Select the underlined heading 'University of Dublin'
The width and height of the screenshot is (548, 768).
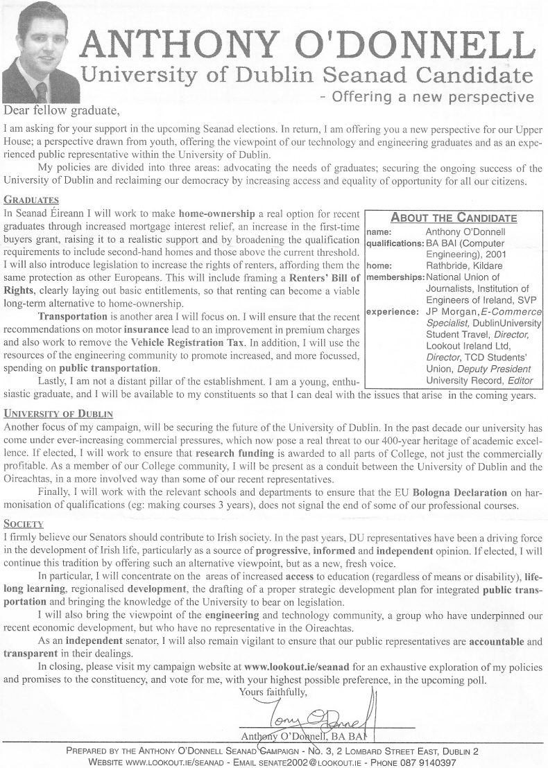pyautogui.click(x=58, y=414)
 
